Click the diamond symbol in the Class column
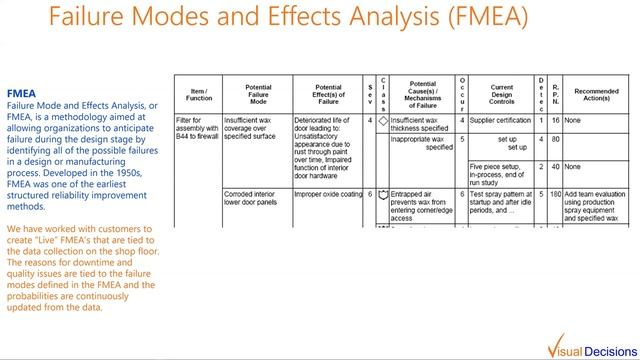[x=382, y=121]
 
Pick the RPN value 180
[x=555, y=194]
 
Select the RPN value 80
[x=555, y=139]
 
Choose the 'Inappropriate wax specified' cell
[x=421, y=143]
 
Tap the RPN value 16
[x=555, y=120]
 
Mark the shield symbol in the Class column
[x=382, y=194]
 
